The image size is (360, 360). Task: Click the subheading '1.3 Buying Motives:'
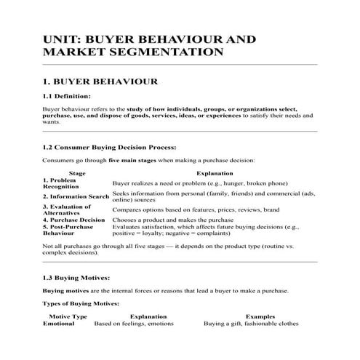[x=76, y=277]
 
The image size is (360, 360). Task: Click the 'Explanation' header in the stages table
[x=215, y=174]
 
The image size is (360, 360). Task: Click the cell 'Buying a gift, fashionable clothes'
[x=252, y=324]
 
